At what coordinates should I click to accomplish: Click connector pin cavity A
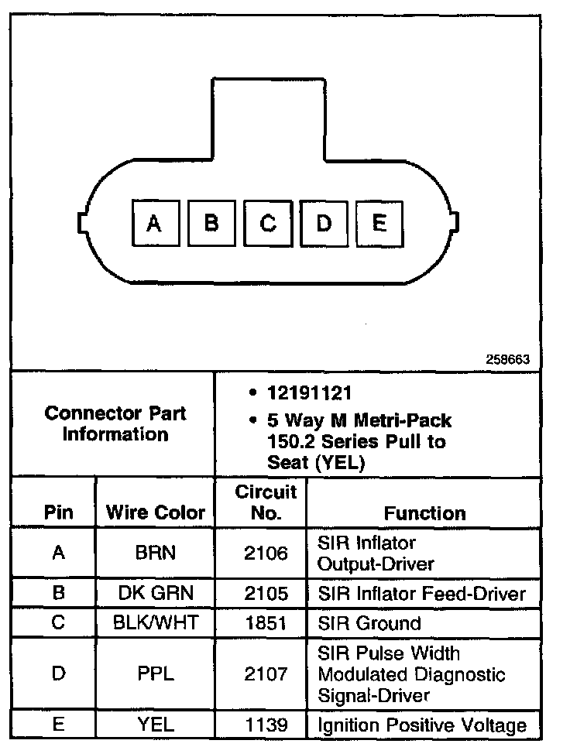[x=154, y=224]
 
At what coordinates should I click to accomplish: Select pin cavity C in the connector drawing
[x=267, y=224]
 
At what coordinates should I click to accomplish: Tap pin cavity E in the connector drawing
[x=379, y=224]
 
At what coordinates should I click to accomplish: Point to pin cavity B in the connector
[x=211, y=224]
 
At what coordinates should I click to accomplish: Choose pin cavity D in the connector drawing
[x=324, y=224]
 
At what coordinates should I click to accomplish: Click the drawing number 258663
[x=508, y=359]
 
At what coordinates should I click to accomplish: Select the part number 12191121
[x=304, y=393]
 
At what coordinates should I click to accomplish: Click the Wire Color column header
[x=155, y=512]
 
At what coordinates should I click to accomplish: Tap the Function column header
[x=424, y=512]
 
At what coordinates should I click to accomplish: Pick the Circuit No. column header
[x=266, y=502]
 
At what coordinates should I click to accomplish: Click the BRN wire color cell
[x=155, y=553]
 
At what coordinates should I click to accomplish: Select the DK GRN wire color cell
[x=155, y=594]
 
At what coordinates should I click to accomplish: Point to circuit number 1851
[x=266, y=623]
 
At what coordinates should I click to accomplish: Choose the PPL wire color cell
[x=155, y=673]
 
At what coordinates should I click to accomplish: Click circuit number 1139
[x=266, y=725]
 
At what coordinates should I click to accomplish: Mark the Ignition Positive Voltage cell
[x=422, y=725]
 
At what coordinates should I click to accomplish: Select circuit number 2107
[x=266, y=673]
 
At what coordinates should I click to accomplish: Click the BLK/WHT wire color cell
[x=155, y=623]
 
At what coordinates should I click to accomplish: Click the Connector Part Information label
[x=115, y=423]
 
